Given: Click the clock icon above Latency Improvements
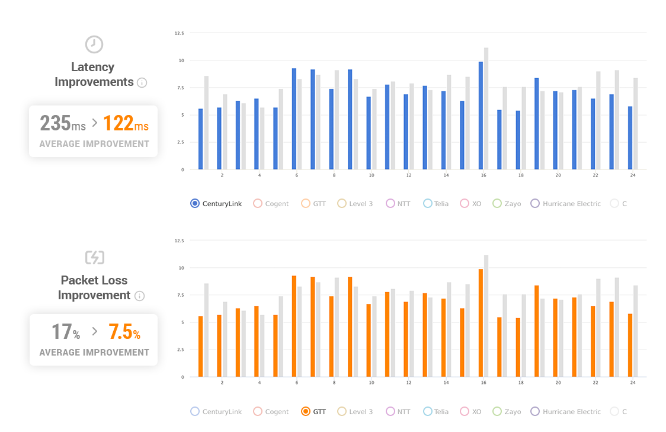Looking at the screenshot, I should (94, 44).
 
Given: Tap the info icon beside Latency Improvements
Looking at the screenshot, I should (142, 82).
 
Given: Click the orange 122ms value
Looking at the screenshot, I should (126, 124).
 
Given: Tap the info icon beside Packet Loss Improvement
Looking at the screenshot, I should (139, 296).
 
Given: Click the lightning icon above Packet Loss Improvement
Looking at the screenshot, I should (94, 257).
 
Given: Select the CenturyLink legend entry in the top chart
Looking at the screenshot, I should (216, 203).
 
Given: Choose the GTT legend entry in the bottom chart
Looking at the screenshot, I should (314, 411).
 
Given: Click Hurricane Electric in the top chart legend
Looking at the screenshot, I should (566, 203).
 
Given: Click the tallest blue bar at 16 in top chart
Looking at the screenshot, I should (481, 116).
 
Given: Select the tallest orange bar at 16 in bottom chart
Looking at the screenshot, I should (481, 323).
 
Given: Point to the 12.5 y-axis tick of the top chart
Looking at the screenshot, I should (179, 34).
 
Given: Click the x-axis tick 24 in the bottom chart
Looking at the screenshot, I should (633, 383).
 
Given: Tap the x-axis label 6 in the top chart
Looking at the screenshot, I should (296, 175).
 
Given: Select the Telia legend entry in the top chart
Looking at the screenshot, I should (436, 203).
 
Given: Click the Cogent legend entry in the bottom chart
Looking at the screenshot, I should (271, 411).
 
